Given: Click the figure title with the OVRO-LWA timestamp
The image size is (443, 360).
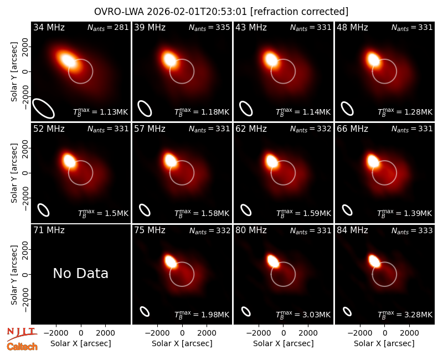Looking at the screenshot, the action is (221, 12).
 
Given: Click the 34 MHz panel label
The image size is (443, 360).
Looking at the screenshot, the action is (49, 27).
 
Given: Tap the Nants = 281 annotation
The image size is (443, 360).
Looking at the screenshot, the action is (108, 27).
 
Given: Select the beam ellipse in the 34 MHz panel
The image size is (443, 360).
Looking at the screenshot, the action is (43, 108).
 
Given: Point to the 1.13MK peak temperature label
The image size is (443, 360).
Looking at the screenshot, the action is (101, 112).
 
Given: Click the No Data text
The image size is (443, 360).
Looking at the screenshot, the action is (80, 273).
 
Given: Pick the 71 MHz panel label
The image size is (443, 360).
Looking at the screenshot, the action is (49, 230).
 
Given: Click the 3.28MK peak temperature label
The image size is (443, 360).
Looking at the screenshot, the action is (405, 315).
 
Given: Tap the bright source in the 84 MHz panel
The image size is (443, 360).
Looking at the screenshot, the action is (374, 260).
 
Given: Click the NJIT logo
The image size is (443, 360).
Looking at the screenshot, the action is (22, 334).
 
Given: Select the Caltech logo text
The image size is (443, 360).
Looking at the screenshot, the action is (22, 347).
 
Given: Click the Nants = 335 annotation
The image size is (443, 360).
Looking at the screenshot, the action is (209, 27).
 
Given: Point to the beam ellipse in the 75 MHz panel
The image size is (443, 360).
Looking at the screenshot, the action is (145, 311).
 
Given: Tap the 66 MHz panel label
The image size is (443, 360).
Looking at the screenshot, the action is (352, 129).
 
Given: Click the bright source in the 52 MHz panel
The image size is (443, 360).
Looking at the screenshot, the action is (70, 161).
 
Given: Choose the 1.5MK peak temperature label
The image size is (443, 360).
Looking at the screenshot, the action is (103, 213).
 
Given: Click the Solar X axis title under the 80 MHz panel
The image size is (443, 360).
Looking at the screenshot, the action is (284, 343).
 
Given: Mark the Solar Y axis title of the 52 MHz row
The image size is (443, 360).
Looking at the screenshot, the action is (14, 173).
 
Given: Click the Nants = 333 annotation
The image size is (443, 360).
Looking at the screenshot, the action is (412, 230).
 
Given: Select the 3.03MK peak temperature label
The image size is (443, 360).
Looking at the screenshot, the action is (303, 315).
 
